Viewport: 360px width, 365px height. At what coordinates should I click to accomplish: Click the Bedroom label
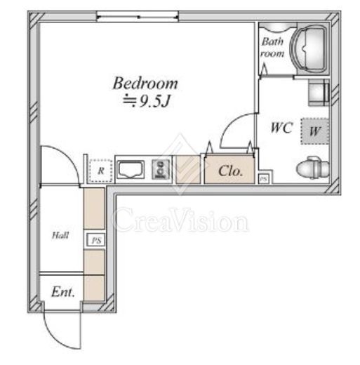145,84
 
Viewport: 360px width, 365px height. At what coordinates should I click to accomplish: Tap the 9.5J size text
154,101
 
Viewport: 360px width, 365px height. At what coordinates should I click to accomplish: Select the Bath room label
272,48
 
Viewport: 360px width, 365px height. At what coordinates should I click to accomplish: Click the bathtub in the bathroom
309,48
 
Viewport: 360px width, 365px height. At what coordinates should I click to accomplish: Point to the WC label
281,128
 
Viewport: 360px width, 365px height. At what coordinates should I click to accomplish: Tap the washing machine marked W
315,131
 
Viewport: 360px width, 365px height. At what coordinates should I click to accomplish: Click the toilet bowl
313,167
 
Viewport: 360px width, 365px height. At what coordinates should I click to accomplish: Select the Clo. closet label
230,171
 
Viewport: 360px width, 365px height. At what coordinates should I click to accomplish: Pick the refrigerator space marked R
101,171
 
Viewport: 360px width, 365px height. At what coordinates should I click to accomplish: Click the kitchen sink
131,170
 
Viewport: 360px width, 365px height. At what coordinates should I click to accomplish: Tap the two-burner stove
161,169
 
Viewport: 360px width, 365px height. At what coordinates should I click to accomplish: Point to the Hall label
60,235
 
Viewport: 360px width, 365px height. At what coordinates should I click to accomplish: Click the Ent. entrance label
63,292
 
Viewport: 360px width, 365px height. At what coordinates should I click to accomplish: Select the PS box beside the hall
96,240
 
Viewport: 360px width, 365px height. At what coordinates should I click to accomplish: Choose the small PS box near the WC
264,179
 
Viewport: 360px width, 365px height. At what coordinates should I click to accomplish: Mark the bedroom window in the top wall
138,17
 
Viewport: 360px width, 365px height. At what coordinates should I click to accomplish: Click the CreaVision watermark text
180,220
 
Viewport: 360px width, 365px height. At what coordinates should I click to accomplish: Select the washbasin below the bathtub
319,93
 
